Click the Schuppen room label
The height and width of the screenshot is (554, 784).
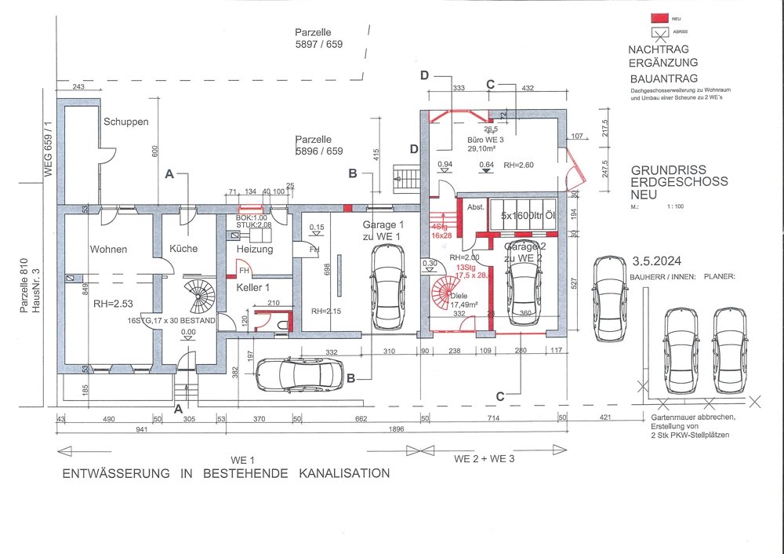point(125,123)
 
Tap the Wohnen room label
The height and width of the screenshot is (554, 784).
point(108,250)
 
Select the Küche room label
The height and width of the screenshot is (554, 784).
point(183,249)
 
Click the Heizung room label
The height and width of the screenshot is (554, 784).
point(254,250)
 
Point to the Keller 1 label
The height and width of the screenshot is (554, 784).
point(253,287)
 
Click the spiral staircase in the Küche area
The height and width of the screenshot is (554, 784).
point(198,297)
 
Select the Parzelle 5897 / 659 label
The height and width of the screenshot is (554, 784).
point(314,39)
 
